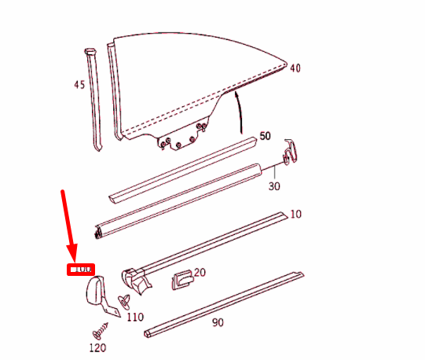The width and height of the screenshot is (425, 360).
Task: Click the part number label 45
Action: [x=79, y=84]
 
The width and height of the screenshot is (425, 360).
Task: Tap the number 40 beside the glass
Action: [x=295, y=68]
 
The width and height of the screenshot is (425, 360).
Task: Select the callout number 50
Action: [x=265, y=136]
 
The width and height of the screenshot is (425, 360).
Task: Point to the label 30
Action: [x=274, y=186]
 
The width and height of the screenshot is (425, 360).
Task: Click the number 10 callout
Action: [x=295, y=214]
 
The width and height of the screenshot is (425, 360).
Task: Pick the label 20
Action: [x=199, y=273]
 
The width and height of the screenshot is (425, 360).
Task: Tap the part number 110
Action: [x=135, y=318]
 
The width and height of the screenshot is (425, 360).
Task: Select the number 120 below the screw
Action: [x=97, y=348]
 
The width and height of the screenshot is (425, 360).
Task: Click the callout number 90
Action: [x=217, y=321]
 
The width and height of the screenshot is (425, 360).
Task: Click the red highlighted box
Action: [x=80, y=270]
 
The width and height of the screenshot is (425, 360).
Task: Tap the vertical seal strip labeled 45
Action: [x=95, y=102]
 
